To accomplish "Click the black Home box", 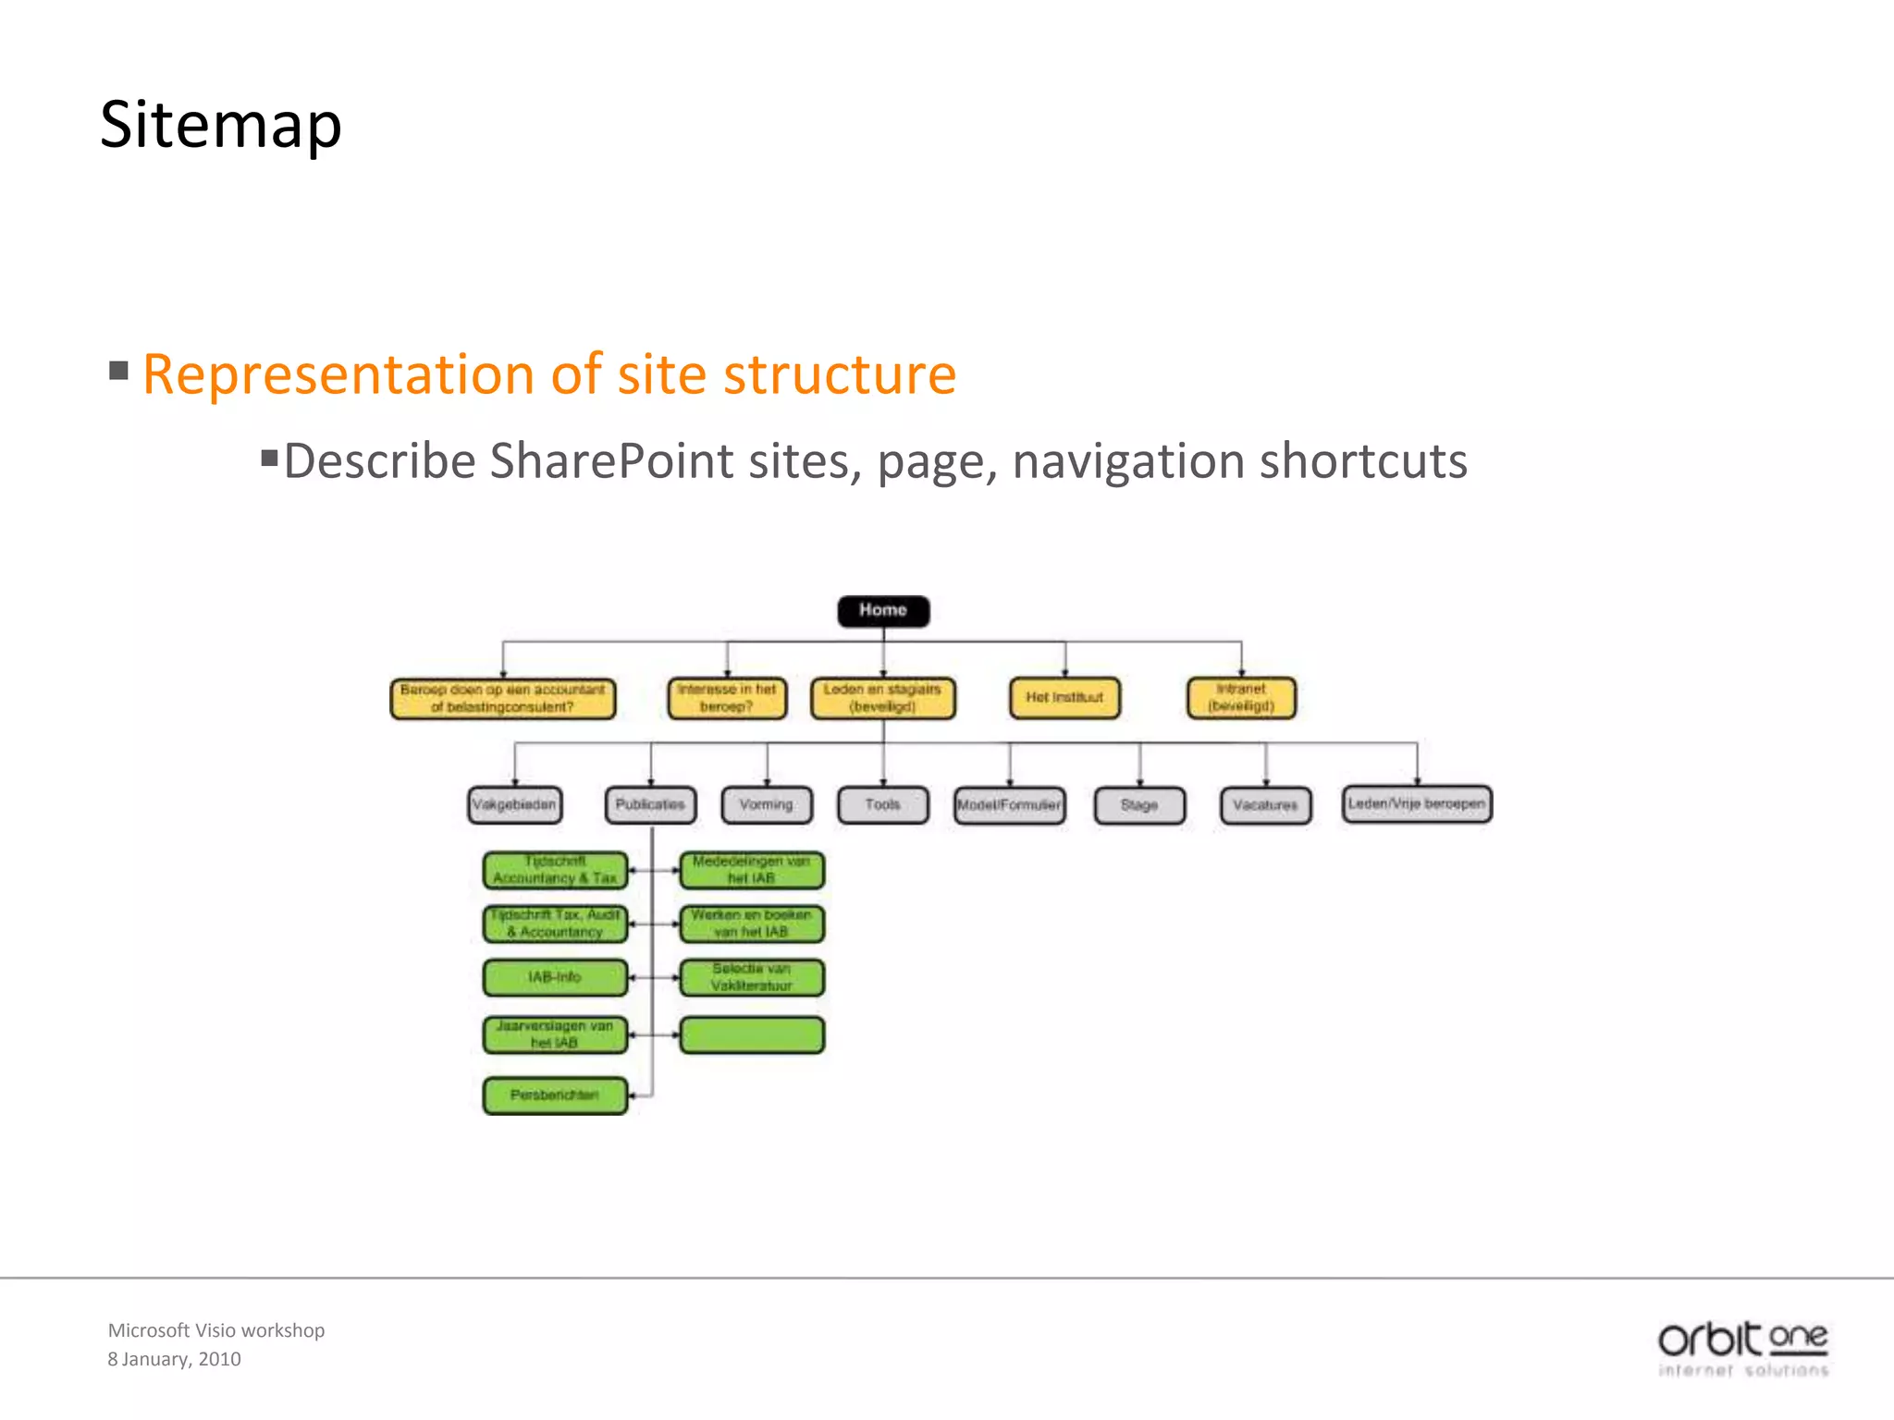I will (883, 611).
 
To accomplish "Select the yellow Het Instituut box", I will (1064, 698).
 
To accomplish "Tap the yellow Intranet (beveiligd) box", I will (1241, 698).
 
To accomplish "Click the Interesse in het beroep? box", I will (727, 698).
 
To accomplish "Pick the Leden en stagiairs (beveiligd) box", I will (883, 698).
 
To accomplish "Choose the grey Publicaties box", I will (650, 804).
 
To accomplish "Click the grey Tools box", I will (883, 804).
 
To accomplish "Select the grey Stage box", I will (1139, 805).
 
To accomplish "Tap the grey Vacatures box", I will (1265, 805).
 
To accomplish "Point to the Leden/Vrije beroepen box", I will (1417, 803).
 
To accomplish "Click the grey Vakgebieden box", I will (514, 804).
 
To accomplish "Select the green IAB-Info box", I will (555, 977).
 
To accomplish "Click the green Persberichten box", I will (555, 1096).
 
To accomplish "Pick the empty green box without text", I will (752, 1034).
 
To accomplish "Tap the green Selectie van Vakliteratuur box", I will (752, 977).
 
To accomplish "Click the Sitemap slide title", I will (221, 125).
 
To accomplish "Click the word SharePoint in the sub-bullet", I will (611, 461).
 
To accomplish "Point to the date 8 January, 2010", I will (174, 1359).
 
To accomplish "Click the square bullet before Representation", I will (118, 371).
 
